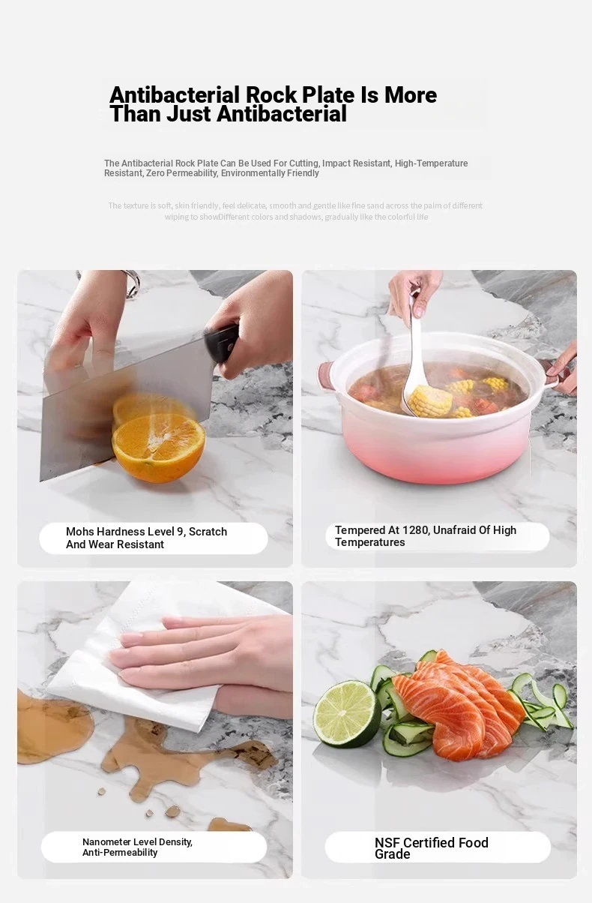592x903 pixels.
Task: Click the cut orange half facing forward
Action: pyautogui.click(x=158, y=448)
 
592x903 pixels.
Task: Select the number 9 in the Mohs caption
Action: pyautogui.click(x=181, y=532)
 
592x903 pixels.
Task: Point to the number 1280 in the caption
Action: pyautogui.click(x=416, y=530)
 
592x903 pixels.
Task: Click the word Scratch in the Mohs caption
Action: pyautogui.click(x=208, y=532)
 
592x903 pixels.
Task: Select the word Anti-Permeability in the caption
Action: pyautogui.click(x=120, y=853)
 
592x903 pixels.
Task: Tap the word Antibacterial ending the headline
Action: pyautogui.click(x=282, y=114)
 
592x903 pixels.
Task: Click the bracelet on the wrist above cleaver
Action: pyautogui.click(x=133, y=283)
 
